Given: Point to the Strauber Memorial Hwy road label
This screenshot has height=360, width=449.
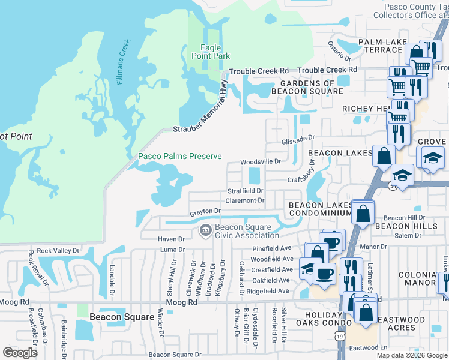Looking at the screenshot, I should (202, 111).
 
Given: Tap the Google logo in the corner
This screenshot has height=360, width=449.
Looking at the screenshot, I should (20, 353).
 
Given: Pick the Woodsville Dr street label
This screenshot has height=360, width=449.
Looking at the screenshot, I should (261, 162).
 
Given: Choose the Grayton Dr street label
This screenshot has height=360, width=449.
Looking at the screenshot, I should (206, 212).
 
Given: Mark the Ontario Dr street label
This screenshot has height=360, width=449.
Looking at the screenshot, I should (339, 50).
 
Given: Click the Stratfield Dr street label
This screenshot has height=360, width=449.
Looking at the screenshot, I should (246, 191).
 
